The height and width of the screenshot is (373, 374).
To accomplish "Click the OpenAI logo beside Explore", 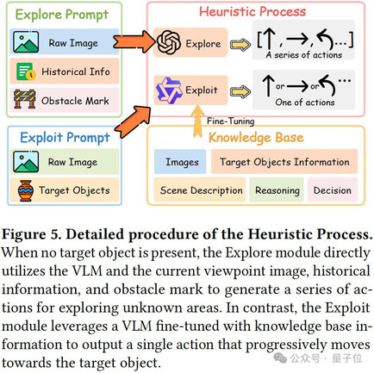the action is coord(169,42).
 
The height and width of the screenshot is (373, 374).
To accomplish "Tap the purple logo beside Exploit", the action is coord(169,90).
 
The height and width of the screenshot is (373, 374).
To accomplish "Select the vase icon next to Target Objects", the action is coord(25,190).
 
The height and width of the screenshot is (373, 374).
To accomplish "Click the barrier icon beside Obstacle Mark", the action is coord(25,99).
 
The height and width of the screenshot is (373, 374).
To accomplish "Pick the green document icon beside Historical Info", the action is coord(26,71).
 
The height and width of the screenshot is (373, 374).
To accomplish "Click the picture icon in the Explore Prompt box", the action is coord(26,42).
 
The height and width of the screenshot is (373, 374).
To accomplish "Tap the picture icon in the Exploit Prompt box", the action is coord(26,162).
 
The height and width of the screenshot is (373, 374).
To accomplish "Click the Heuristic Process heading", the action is coord(252,12).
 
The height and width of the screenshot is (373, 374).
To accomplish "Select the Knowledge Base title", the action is coord(256,138).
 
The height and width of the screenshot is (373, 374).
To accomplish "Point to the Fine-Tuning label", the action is coord(230,121).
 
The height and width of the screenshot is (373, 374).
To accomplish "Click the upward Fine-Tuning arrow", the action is coord(197,121).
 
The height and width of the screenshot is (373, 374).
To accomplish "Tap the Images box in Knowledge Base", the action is coord(180,162).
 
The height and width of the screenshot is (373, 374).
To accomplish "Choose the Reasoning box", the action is coord(277,190).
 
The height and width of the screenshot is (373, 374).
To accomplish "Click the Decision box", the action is coord(333,190).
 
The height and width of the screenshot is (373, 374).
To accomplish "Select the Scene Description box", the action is coord(200,190).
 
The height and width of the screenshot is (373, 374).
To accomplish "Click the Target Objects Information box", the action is coord(284,162).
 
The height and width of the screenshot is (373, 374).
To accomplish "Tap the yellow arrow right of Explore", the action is coord(240,45).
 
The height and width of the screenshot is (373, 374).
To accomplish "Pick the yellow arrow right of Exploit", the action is coord(240,91).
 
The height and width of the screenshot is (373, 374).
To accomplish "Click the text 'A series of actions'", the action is coord(304,55).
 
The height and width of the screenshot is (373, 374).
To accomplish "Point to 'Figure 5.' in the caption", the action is coord(32,234).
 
